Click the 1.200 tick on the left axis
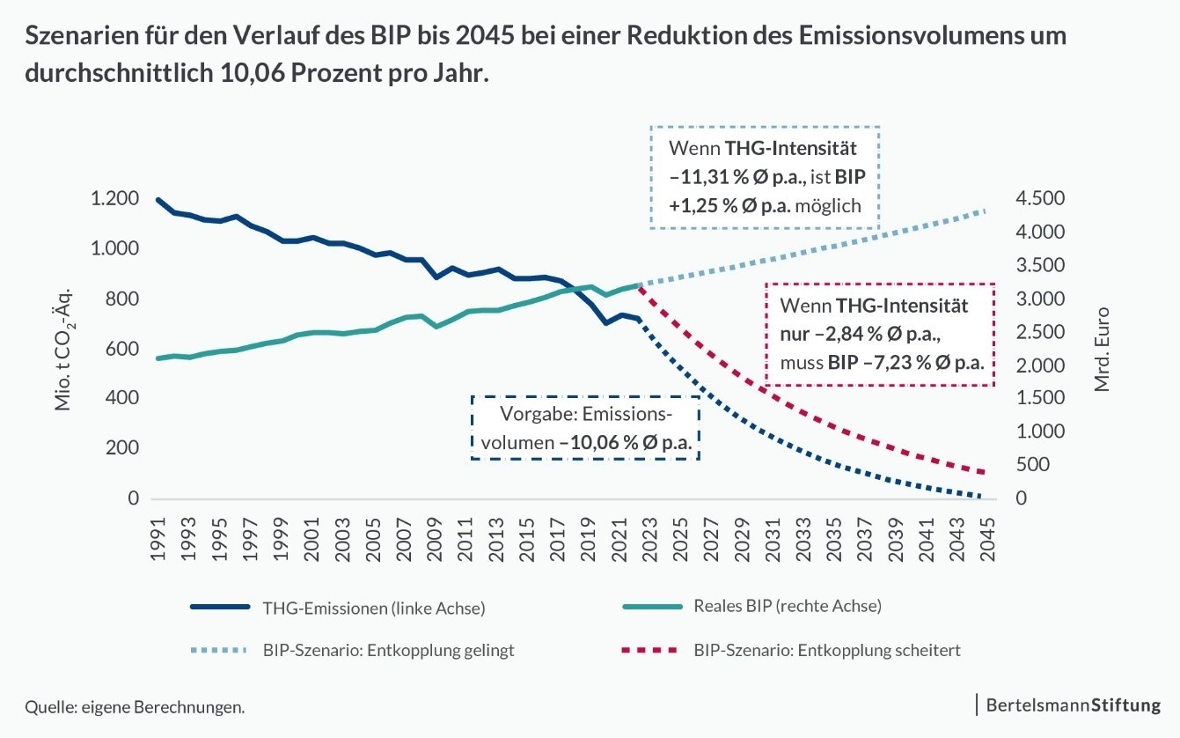tap(114, 199)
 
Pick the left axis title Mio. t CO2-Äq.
tap(63, 349)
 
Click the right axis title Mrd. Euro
tap(1103, 349)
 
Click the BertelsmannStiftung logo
tap(1073, 705)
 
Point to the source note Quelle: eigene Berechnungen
tap(135, 707)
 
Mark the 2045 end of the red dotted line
tap(983, 473)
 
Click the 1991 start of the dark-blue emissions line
tap(158, 200)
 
